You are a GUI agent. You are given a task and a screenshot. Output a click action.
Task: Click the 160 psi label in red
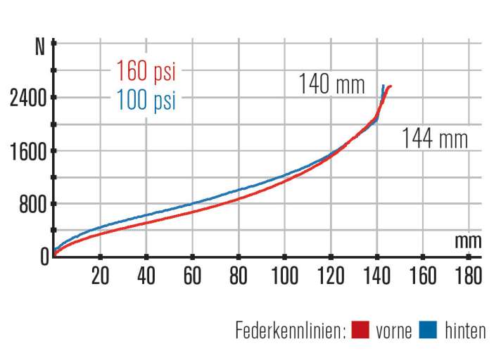(x=146, y=72)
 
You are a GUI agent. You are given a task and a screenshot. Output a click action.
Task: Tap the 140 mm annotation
(x=332, y=86)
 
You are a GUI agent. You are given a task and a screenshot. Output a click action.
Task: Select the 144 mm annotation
(x=434, y=139)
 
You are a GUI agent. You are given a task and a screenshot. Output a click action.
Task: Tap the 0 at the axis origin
(x=44, y=257)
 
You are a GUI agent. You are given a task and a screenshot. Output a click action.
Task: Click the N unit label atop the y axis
(x=39, y=48)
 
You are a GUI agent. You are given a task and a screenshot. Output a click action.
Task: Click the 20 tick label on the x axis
(x=100, y=276)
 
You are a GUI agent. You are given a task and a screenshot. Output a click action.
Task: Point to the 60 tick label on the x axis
(x=192, y=276)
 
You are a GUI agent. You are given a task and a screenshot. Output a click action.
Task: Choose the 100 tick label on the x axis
(x=284, y=276)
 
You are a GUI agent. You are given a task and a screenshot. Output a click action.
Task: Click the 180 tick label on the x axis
(x=469, y=276)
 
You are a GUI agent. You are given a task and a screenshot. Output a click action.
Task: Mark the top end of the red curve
(x=390, y=86)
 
